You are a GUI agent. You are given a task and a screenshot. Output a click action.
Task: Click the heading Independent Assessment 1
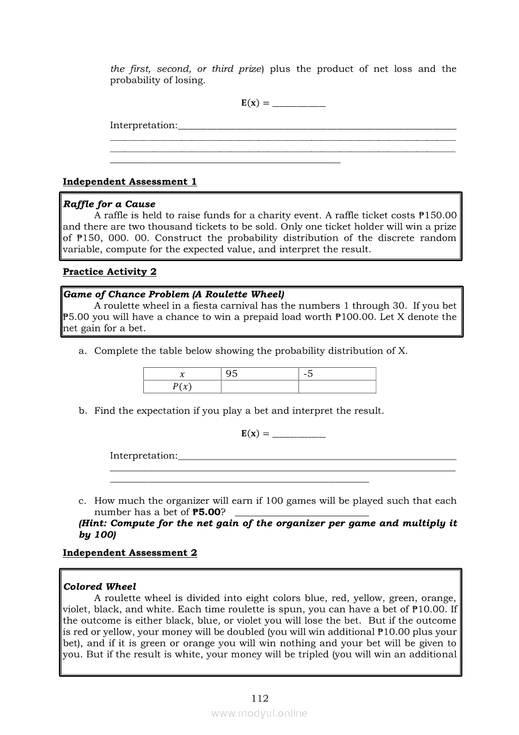point(129,182)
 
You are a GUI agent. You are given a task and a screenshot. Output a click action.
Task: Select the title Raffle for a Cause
point(109,204)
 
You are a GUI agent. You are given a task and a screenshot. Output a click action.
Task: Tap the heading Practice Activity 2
point(109,272)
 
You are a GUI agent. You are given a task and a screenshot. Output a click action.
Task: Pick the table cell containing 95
point(260,374)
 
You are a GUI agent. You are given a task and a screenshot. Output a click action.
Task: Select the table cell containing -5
point(337,374)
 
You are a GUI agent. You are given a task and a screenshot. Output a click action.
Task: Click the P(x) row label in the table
point(182,387)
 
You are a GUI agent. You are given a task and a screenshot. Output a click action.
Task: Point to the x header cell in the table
point(182,374)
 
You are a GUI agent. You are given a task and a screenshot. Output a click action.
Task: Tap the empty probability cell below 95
point(260,387)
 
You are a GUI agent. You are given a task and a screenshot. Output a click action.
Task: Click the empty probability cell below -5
point(337,387)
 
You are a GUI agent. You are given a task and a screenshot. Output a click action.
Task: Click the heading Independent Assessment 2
point(129,553)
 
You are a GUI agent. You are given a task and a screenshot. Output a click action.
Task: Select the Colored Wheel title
point(99,587)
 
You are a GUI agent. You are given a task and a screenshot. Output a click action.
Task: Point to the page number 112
point(259,698)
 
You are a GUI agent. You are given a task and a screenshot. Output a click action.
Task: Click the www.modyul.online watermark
point(259,714)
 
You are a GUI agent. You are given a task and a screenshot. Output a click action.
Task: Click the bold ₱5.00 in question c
point(207,512)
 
